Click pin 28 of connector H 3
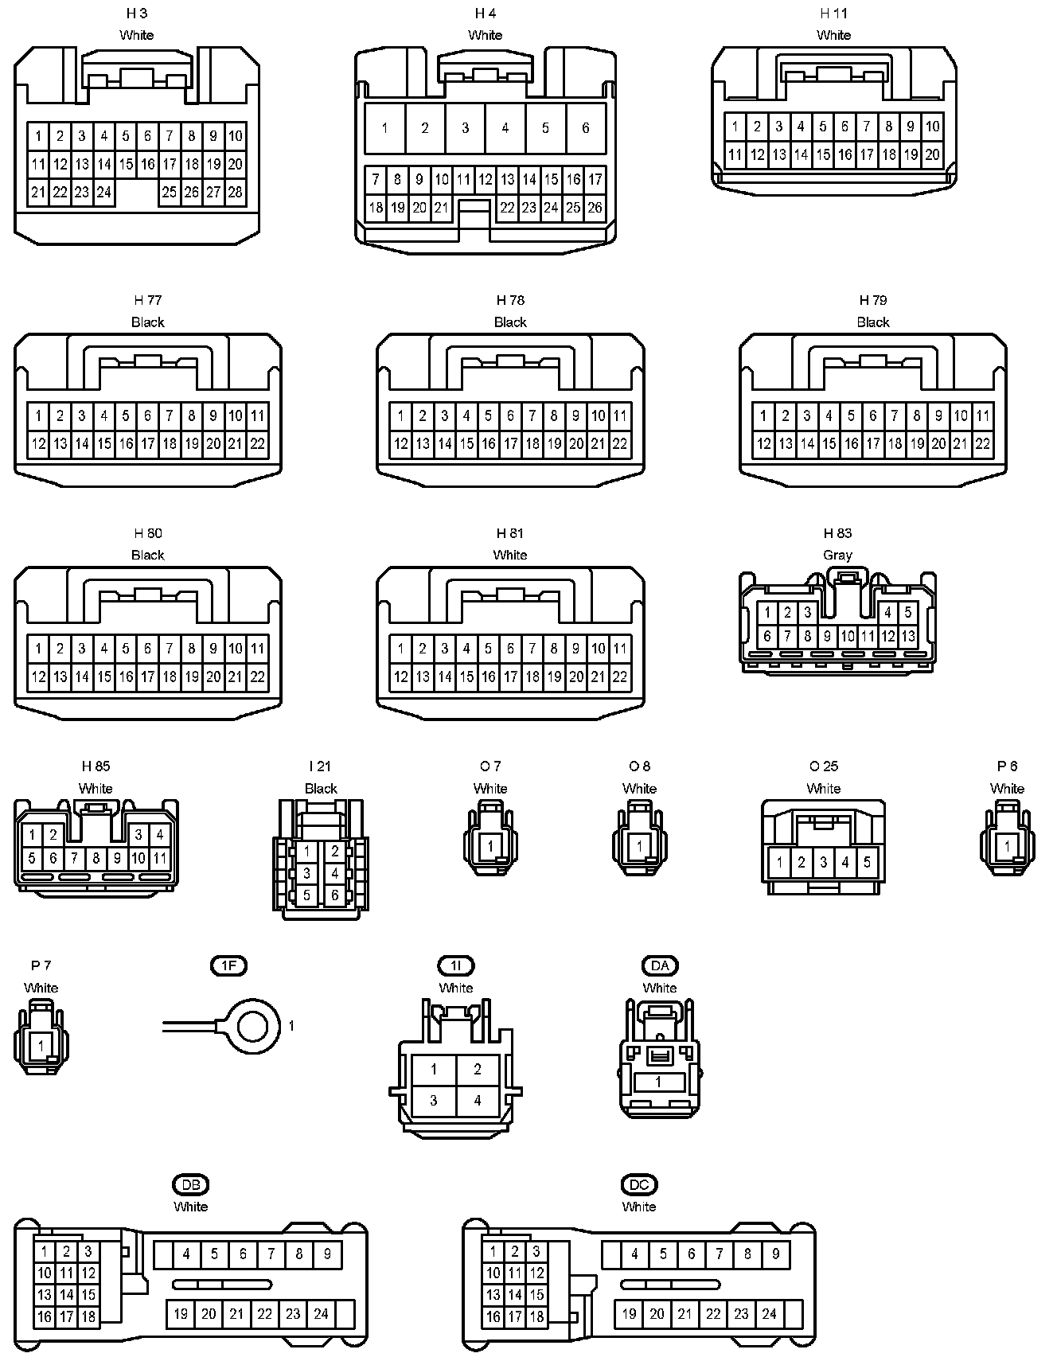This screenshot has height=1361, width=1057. tap(235, 192)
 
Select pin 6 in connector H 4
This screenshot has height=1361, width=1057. tap(586, 128)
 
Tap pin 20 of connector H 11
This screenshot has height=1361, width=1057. tap(932, 155)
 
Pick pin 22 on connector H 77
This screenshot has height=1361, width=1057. tap(257, 444)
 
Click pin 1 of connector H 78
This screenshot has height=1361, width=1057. tap(400, 415)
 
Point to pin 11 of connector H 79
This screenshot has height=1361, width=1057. tap(983, 415)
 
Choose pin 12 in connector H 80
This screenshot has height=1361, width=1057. tap(38, 677)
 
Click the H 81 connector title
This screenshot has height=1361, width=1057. tap(510, 533)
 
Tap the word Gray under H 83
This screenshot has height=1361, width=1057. tap(837, 555)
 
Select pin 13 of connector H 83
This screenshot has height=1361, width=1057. tap(908, 636)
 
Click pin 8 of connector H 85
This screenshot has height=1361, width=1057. tap(96, 858)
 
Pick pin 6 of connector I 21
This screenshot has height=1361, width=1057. tap(335, 895)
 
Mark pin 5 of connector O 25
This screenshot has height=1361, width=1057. tap(867, 862)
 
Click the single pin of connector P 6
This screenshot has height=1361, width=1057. tap(1008, 846)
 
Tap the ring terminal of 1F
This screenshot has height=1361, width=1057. tap(254, 1026)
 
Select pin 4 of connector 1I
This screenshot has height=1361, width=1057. tap(478, 1102)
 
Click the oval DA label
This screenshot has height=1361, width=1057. tap(660, 965)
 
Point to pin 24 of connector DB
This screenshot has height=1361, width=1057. tap(321, 1313)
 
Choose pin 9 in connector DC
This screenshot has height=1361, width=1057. tap(775, 1254)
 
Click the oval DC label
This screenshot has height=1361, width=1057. tap(639, 1184)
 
